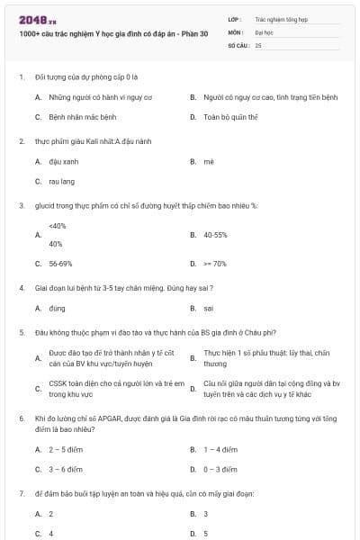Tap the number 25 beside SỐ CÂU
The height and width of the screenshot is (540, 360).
coord(258,44)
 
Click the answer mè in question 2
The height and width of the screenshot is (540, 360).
coord(209,161)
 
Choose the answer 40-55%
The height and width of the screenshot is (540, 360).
coord(215,235)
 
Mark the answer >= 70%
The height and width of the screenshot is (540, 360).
coord(214,264)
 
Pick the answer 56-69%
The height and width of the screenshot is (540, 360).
coord(60,264)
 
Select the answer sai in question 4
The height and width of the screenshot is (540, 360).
coord(208,308)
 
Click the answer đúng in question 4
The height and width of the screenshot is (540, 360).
coord(58,308)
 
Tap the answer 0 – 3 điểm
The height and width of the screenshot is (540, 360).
coord(220,469)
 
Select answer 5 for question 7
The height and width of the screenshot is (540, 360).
coord(206,533)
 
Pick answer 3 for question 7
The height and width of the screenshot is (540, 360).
coord(206,513)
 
